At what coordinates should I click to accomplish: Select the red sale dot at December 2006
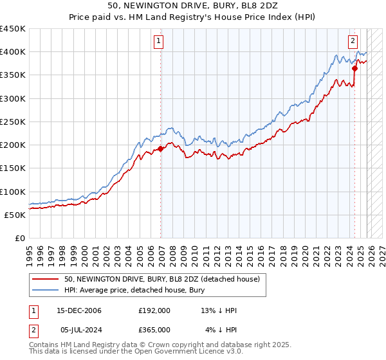161,148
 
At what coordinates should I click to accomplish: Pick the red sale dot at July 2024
354,67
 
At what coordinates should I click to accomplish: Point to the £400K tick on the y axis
13,52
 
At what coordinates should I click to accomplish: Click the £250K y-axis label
13,122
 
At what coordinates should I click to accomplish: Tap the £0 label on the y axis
19,238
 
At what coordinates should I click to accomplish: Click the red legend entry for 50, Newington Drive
161,279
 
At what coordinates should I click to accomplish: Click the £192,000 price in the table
154,310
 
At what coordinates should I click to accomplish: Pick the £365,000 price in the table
154,330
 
